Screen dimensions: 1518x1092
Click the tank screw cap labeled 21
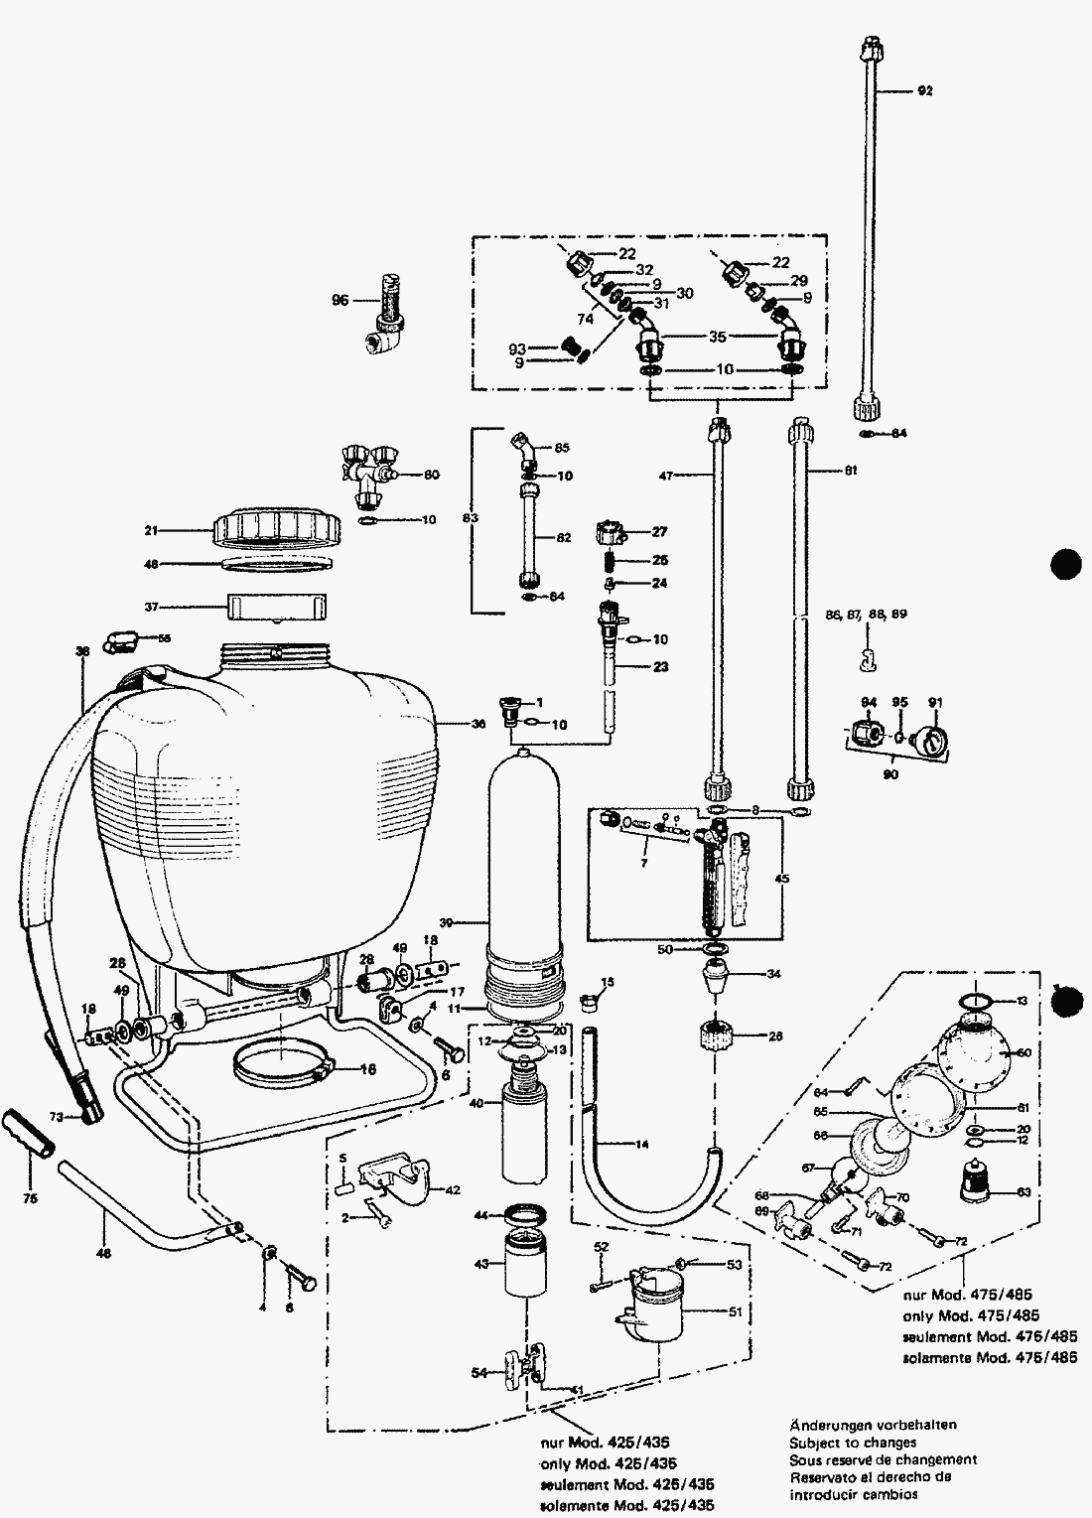(x=276, y=528)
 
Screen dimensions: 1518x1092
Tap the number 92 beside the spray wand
(x=925, y=90)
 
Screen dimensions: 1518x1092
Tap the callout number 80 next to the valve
(x=432, y=475)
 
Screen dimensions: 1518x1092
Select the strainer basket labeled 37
(x=276, y=606)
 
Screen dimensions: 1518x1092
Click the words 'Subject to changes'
(x=853, y=1443)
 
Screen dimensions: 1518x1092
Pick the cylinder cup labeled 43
(x=527, y=1264)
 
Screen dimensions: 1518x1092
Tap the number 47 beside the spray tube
(x=664, y=477)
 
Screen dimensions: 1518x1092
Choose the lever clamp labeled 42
(x=394, y=1176)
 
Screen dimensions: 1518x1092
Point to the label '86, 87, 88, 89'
(x=867, y=615)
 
